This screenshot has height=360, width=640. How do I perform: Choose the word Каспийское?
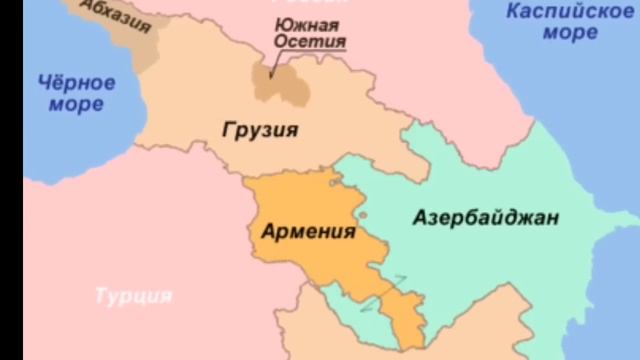[x=569, y=12]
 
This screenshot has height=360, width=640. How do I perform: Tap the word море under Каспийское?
[x=570, y=32]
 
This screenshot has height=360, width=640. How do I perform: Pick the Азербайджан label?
[x=486, y=218]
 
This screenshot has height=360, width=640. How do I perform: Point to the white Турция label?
[x=133, y=296]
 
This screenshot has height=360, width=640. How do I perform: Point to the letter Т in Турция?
[x=100, y=296]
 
